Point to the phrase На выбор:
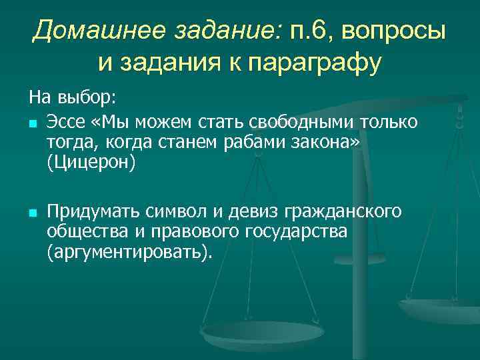coord(72,99)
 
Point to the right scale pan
coord(440,309)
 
